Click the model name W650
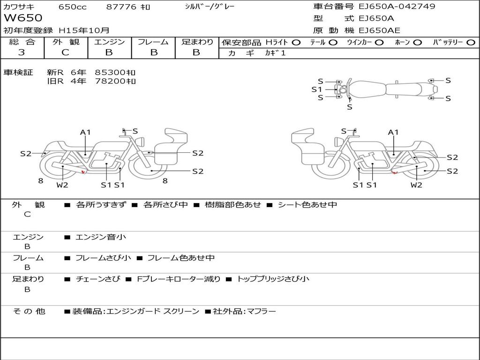[23, 18]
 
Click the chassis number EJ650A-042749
[397, 6]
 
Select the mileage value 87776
[121, 7]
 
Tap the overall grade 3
[22, 52]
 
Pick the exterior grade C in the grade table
[65, 52]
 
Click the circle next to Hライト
[296, 43]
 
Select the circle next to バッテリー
[471, 43]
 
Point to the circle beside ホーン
[418, 43]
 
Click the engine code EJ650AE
[379, 30]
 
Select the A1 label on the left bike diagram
[85, 132]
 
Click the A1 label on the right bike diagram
[393, 132]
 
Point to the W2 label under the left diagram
[62, 185]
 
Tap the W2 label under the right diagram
[416, 185]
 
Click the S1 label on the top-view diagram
[317, 90]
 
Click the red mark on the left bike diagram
[83, 172]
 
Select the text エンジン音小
[101, 237]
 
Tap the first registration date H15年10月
[84, 30]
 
